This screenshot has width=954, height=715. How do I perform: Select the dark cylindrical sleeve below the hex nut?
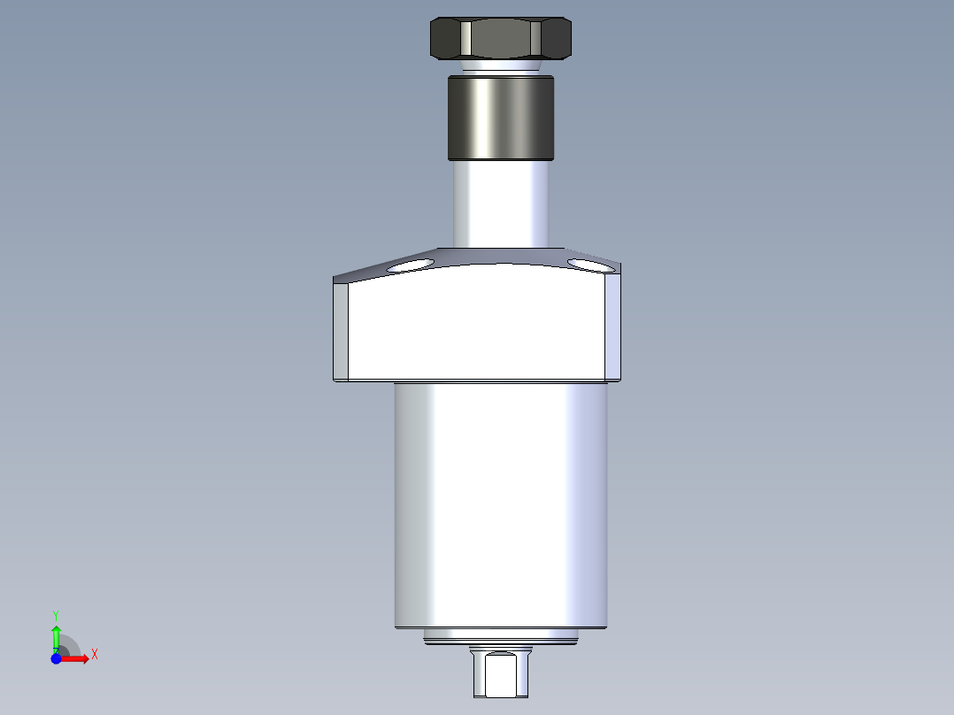[501, 118]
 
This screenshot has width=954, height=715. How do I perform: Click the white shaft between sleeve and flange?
[501, 204]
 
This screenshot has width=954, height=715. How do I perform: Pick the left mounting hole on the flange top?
[410, 265]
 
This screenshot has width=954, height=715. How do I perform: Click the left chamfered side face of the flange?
[341, 330]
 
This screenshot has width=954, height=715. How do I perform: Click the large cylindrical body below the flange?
[501, 504]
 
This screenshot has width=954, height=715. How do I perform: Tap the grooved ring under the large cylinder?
[501, 636]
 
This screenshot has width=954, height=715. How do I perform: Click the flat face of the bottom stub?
[501, 673]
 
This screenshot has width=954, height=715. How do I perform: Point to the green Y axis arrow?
[56, 636]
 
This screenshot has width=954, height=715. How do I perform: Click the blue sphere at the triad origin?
[56, 658]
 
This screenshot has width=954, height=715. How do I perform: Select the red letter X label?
[94, 655]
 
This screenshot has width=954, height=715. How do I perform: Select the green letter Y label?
[56, 614]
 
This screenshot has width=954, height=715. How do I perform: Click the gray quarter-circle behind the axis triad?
[70, 647]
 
